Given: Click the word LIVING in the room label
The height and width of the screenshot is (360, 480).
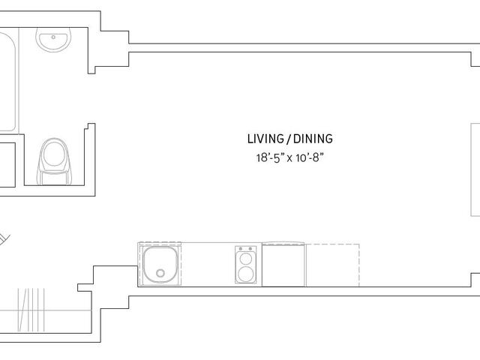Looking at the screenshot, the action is point(265,139).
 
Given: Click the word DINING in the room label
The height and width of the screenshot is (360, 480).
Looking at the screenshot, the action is point(313,139).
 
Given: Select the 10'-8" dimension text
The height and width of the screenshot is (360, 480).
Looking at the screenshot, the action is point(310,158).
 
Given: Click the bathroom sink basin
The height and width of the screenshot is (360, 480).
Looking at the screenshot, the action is point(53,40).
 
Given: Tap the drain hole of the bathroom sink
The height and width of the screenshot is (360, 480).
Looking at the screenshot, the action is point(53,37).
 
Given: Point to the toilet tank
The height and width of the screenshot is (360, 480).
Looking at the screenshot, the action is point(54,178).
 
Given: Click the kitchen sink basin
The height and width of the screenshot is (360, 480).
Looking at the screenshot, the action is point(160,265).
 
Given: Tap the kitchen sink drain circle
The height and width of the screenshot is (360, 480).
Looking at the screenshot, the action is point(160,273).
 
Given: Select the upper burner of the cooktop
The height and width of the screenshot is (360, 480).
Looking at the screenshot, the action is point(246,259).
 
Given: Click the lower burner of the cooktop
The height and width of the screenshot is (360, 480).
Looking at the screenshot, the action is point(246,274).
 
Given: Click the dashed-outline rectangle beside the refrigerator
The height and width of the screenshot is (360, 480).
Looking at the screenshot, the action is point(332,265).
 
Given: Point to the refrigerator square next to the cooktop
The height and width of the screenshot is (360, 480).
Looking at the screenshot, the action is point(283,265).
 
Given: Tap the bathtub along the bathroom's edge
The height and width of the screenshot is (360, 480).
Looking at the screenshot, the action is point(7,80).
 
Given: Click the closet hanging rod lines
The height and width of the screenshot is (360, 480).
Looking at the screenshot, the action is point(31,310).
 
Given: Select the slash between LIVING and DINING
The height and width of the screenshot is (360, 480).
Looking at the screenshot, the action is point(288,139).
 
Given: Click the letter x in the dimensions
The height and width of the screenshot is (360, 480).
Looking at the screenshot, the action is point(289,159).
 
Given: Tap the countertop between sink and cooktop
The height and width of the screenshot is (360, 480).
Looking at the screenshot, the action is point(208,265).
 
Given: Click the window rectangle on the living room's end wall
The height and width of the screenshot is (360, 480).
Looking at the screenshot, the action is point(475,170).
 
